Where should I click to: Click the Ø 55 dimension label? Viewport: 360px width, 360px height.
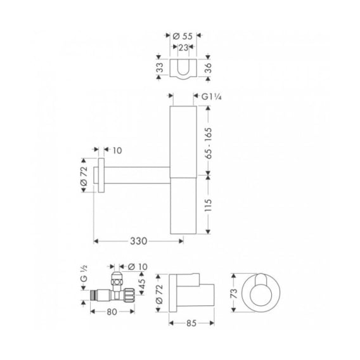coord(183,36)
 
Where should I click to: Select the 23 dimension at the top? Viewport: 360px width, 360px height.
coord(183,48)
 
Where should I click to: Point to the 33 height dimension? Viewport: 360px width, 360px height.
coord(160,68)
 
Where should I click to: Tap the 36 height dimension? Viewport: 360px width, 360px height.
coord(208,68)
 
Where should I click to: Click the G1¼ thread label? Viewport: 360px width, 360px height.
coord(212,97)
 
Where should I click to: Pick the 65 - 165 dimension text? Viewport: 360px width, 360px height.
coord(209,143)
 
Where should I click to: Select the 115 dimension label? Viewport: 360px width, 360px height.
coord(208,205)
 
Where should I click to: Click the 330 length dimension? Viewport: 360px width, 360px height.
coord(138,241)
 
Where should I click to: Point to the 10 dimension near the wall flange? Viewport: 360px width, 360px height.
coord(117,151)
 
